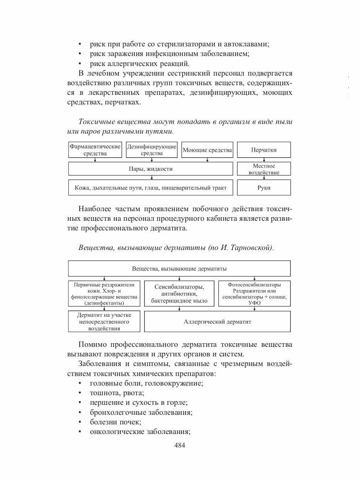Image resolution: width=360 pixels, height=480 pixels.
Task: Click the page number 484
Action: pyautogui.click(x=180, y=446)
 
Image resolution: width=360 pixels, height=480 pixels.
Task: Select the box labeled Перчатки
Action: pyautogui.click(x=264, y=150)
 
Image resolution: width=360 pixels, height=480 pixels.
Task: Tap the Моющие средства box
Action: pyautogui.click(x=207, y=150)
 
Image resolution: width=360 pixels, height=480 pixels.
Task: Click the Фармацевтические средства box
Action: pyautogui.click(x=95, y=150)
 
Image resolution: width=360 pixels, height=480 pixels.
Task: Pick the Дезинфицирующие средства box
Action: pyautogui.click(x=152, y=150)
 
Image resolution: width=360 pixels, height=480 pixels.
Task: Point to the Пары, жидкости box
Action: pyautogui.click(x=150, y=169)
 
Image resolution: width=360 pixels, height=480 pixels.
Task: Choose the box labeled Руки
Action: pyautogui.click(x=264, y=187)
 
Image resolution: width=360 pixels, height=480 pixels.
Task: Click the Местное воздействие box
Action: pyautogui.click(x=264, y=169)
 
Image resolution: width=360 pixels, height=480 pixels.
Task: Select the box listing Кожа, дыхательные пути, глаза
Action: pyautogui.click(x=150, y=187)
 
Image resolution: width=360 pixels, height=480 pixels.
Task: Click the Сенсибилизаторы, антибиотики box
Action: pyautogui.click(x=179, y=294)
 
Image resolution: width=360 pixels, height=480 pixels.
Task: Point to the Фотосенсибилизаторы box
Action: pyautogui.click(x=254, y=294)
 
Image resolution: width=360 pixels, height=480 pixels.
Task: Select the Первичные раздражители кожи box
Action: pyautogui.click(x=104, y=294)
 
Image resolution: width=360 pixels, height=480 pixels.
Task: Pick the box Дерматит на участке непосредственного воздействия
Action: pyautogui.click(x=104, y=322)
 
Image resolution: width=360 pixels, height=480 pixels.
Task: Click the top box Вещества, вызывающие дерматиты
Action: pyautogui.click(x=179, y=268)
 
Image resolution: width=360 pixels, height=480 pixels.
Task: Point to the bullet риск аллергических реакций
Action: pyautogui.click(x=140, y=63)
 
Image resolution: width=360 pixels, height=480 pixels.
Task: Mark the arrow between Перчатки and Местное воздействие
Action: pyautogui.click(x=264, y=160)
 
